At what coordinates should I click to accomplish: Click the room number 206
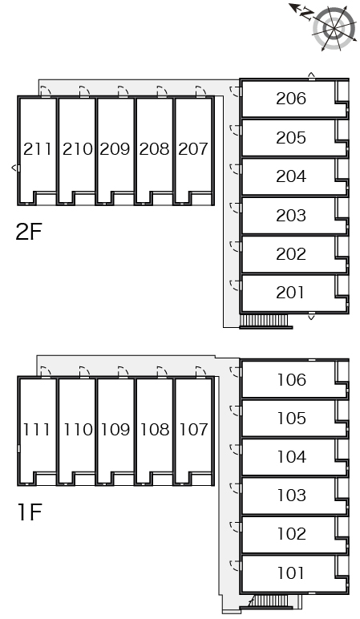[291, 99]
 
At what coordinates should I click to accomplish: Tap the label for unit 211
[38, 149]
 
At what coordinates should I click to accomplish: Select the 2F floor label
[28, 232]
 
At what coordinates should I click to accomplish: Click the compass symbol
[334, 28]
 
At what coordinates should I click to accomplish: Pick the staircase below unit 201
[265, 321]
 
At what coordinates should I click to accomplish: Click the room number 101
[291, 572]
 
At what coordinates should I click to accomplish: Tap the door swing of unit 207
[201, 91]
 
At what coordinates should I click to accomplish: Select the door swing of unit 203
[235, 208]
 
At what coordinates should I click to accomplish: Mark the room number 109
[115, 430]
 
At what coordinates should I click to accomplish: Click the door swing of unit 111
[47, 372]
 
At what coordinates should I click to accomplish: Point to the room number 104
[291, 457]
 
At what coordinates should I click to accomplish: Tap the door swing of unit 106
[235, 372]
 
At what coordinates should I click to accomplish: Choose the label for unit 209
[115, 149]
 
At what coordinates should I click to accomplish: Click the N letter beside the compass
[306, 14]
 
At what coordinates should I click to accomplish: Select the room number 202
[291, 254]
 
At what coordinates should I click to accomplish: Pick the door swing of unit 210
[84, 91]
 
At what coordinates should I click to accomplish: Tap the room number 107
[193, 430]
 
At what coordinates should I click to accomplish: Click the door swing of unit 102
[235, 527]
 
